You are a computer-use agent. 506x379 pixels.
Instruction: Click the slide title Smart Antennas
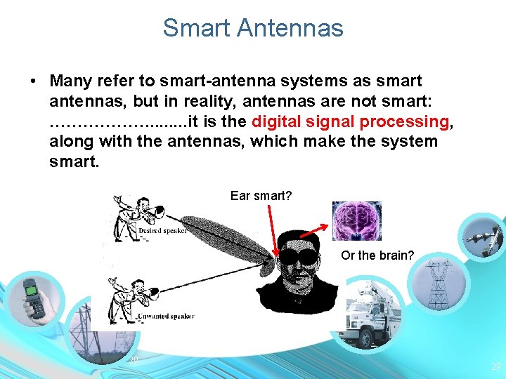pos(253,28)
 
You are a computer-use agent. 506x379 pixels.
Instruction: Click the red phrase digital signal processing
pos(350,121)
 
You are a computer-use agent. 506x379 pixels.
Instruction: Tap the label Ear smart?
pos(261,196)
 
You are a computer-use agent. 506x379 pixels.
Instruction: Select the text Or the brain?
pos(377,255)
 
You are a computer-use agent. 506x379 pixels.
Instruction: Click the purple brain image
pos(356,221)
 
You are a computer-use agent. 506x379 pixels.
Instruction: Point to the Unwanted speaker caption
pos(165,317)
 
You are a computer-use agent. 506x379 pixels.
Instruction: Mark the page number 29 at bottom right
pos(495,366)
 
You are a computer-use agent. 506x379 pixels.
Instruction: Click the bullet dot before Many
pos(34,81)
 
